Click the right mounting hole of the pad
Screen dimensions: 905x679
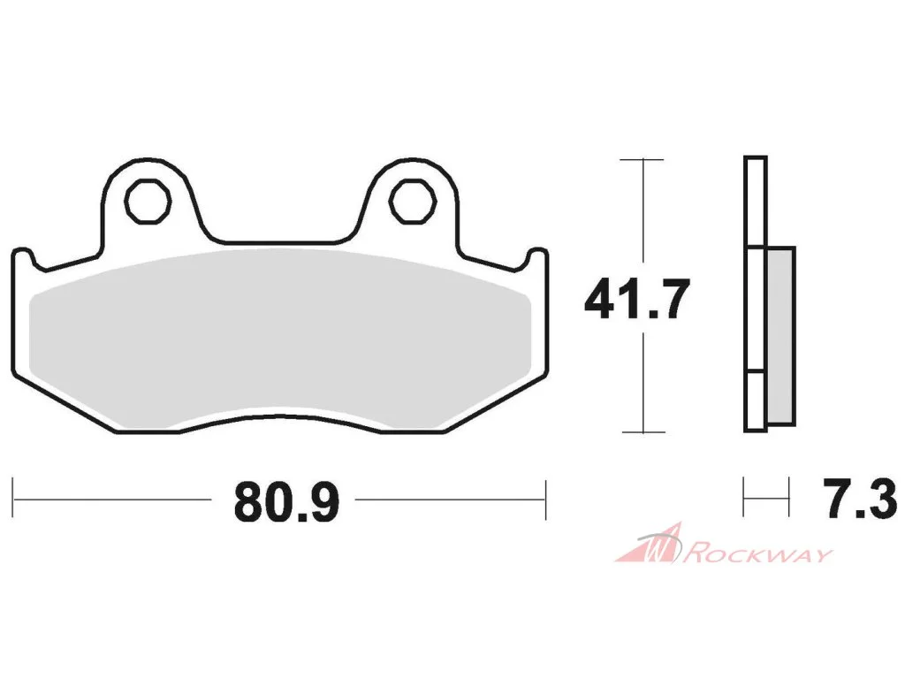tap(412, 201)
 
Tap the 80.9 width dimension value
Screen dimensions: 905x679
tap(287, 502)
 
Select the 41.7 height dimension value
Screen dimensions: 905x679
tap(637, 299)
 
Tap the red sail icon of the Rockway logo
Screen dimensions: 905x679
tap(649, 544)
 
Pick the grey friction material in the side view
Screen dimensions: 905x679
tap(781, 336)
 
